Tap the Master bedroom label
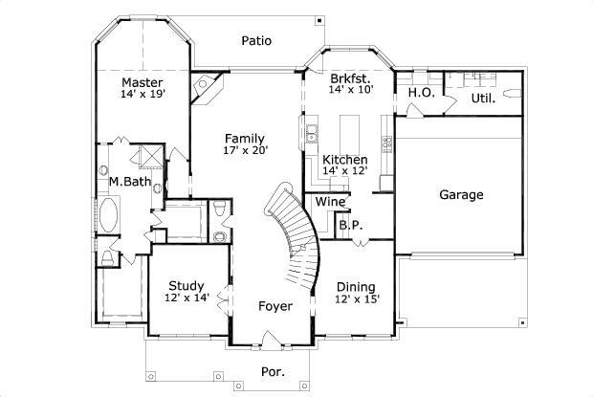pyautogui.click(x=141, y=81)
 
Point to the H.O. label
pyautogui.click(x=421, y=93)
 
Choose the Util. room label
pyautogui.click(x=482, y=98)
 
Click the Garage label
pyautogui.click(x=461, y=195)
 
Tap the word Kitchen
pyautogui.click(x=344, y=159)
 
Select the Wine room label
pyautogui.click(x=330, y=202)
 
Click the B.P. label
pyautogui.click(x=349, y=226)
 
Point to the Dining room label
pyautogui.click(x=357, y=287)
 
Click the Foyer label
pyautogui.click(x=275, y=306)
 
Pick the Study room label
pyautogui.click(x=187, y=285)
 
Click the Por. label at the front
pyautogui.click(x=274, y=370)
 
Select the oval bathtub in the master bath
pyautogui.click(x=109, y=215)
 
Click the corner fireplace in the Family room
pyautogui.click(x=207, y=88)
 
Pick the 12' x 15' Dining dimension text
pyautogui.click(x=357, y=299)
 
